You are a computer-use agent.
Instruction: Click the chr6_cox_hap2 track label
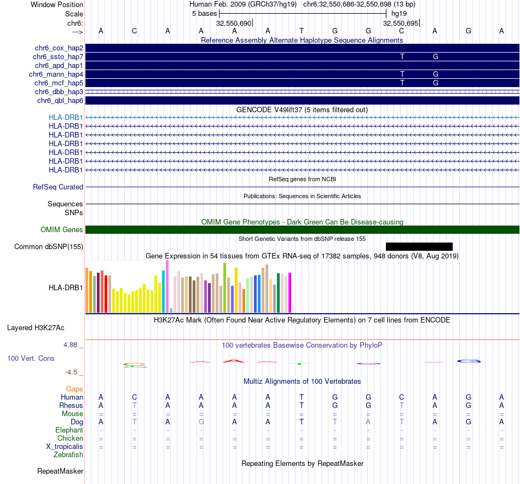click(x=58, y=48)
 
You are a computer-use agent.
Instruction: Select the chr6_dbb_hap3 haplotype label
click(x=59, y=91)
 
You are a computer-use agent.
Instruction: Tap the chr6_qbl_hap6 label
click(x=60, y=100)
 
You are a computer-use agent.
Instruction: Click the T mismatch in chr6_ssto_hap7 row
click(x=402, y=56)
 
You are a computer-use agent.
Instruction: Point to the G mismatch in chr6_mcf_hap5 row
click(x=436, y=83)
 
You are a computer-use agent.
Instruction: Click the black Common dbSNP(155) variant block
click(x=419, y=246)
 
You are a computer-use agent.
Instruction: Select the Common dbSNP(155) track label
click(x=49, y=247)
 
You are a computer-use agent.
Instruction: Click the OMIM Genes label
click(x=62, y=230)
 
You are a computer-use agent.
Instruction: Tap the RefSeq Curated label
click(x=58, y=187)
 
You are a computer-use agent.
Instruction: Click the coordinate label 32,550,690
click(x=234, y=24)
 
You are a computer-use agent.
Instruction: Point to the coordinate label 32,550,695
click(x=401, y=24)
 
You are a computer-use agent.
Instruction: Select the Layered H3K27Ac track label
click(x=36, y=329)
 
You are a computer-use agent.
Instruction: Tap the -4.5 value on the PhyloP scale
click(x=72, y=372)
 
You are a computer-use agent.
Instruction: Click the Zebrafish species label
click(x=68, y=455)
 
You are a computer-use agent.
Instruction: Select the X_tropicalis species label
click(x=65, y=447)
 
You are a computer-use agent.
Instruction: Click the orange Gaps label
click(x=74, y=389)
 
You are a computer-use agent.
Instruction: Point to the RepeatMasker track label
click(x=60, y=471)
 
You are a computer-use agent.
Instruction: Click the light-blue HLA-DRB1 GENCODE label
click(x=66, y=117)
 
